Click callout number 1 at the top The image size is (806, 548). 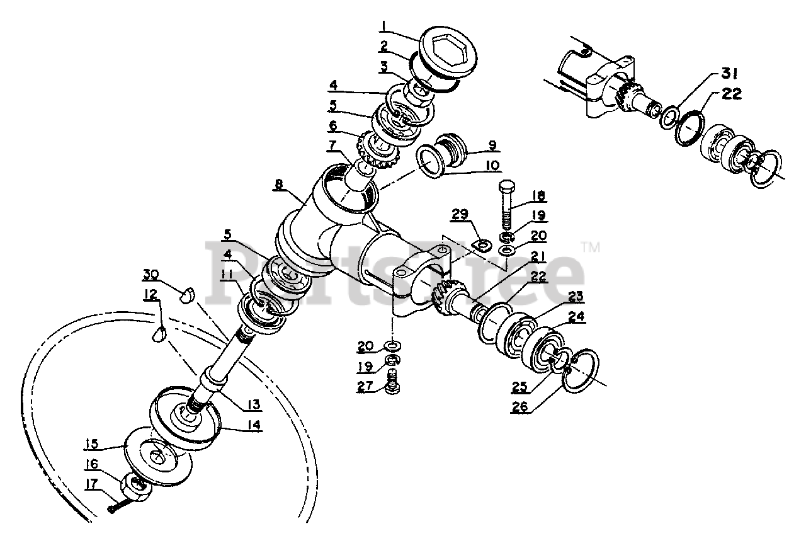385,26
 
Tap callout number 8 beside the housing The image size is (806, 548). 279,185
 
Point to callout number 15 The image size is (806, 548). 92,445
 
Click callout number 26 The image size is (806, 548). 519,407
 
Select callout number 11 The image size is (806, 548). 227,274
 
